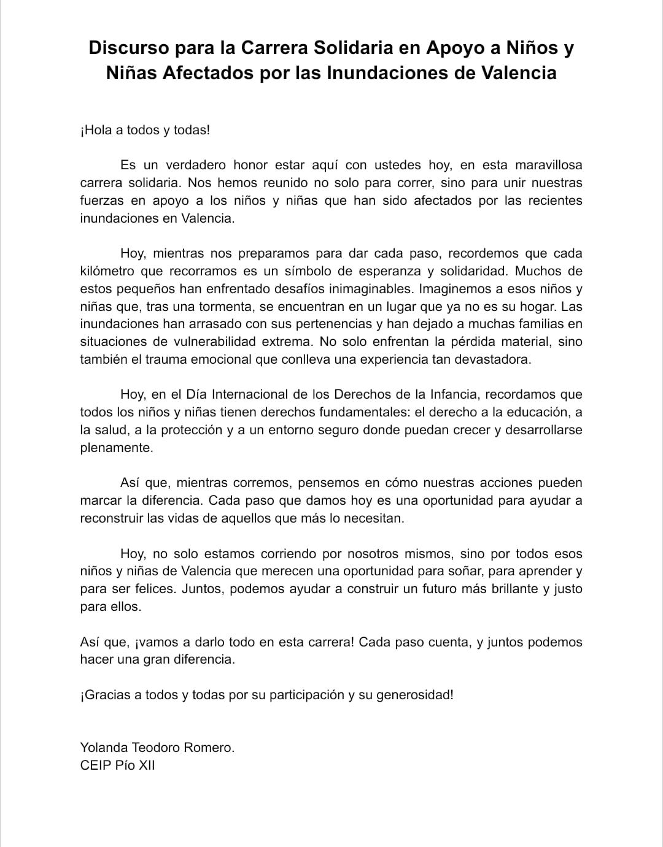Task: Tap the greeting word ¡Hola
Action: pyautogui.click(x=96, y=130)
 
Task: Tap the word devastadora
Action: pyautogui.click(x=492, y=359)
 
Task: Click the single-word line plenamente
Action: pyautogui.click(x=116, y=448)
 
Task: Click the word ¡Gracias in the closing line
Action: pyautogui.click(x=105, y=695)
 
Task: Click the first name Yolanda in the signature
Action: pyautogui.click(x=104, y=748)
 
